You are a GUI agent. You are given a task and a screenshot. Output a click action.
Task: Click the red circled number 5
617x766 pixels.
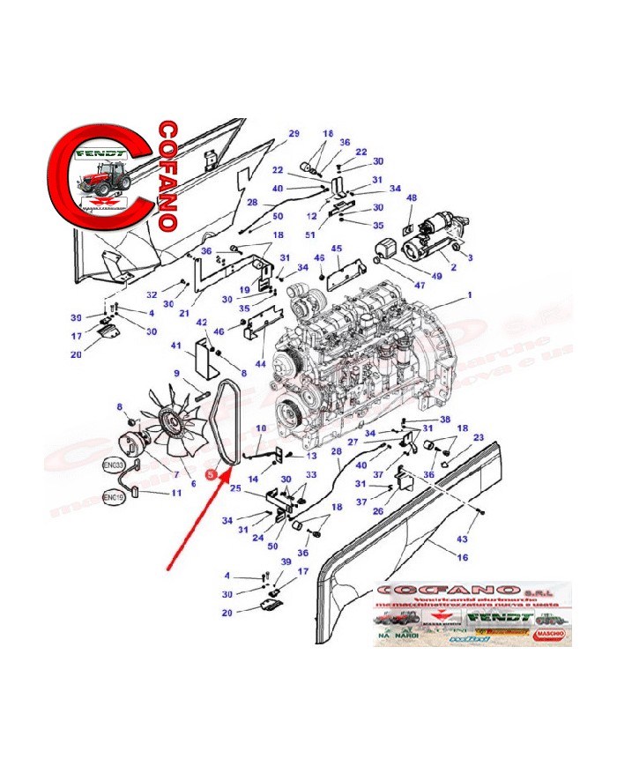pos(211,473)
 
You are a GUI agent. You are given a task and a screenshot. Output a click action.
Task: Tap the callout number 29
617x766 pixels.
pos(294,133)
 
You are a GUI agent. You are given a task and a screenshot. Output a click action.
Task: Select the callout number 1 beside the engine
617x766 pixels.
pos(470,295)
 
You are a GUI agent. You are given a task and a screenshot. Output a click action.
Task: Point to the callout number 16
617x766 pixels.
pos(463,557)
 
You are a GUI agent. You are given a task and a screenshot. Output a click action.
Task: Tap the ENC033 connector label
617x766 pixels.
pos(115,464)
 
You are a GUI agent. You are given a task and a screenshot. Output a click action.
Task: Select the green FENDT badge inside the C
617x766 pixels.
pos(104,153)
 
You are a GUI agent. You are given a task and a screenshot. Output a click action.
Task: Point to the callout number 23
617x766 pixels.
pos(479,437)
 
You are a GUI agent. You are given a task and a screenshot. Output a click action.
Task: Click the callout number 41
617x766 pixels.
pos(176,346)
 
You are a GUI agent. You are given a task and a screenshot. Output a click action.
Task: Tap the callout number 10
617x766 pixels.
pos(260,428)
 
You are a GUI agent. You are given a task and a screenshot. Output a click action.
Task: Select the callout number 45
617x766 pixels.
pos(337,249)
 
